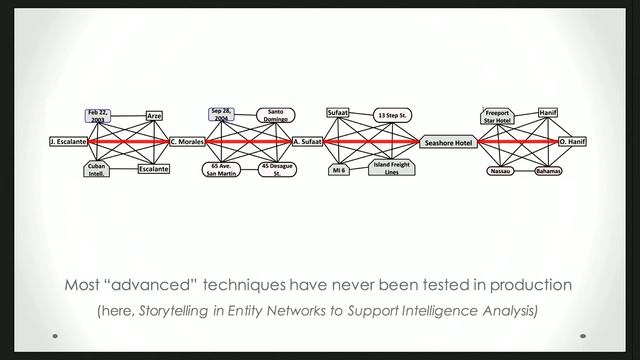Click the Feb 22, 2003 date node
(97, 116)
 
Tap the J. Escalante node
(67, 143)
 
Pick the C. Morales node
(186, 143)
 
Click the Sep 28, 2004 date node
(221, 115)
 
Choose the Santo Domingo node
(277, 116)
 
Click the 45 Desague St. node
(277, 169)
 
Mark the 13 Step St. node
(393, 116)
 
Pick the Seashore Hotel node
(448, 143)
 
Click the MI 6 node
(339, 171)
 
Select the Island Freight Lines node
(391, 169)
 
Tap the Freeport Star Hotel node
(497, 116)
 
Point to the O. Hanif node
(572, 143)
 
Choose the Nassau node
(499, 171)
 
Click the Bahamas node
(547, 171)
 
